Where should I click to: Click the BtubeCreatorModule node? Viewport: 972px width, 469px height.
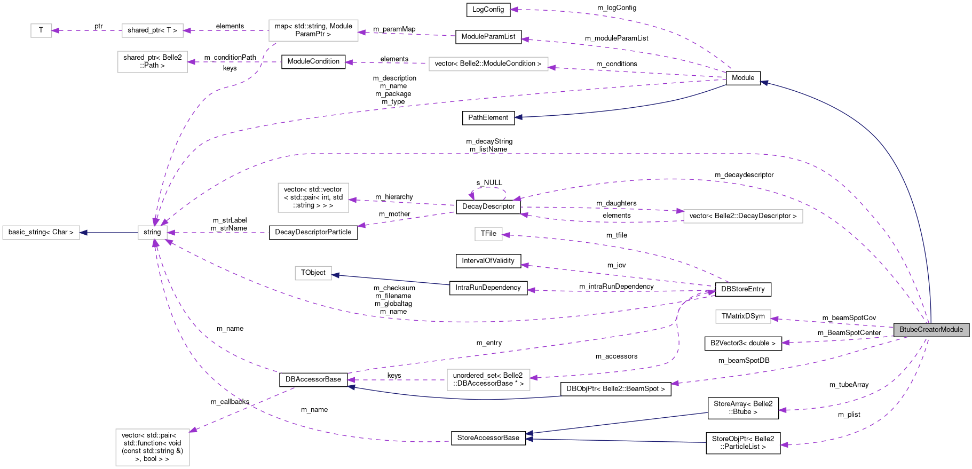point(931,330)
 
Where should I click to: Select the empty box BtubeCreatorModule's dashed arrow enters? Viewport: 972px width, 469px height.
point(742,317)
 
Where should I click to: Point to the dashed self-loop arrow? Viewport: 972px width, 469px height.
point(488,189)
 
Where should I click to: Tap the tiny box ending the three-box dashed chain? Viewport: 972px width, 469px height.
point(41,31)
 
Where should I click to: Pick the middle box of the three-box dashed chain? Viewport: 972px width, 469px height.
point(152,31)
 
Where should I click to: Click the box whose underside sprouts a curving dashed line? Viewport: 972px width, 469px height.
point(313,30)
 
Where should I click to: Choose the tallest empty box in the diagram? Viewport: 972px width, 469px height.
point(152,447)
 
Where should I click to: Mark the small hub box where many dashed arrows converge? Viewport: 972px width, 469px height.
point(152,233)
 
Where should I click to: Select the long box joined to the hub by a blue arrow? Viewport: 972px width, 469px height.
point(41,233)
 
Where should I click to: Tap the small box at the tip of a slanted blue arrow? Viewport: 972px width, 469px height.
point(313,273)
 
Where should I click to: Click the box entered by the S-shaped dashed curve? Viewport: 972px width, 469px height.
point(488,380)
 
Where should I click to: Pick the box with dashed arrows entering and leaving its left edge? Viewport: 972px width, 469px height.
point(742,216)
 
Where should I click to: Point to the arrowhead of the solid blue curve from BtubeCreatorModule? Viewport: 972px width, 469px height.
point(764,83)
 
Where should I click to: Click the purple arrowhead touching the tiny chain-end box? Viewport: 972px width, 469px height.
point(56,31)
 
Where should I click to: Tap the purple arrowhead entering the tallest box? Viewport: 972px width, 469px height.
point(193,430)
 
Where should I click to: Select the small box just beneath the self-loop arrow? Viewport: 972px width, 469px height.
point(488,234)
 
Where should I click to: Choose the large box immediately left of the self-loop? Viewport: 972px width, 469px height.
point(313,197)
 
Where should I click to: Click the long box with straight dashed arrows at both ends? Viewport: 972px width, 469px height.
point(488,64)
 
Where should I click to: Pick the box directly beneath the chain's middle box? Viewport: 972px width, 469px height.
point(152,62)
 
